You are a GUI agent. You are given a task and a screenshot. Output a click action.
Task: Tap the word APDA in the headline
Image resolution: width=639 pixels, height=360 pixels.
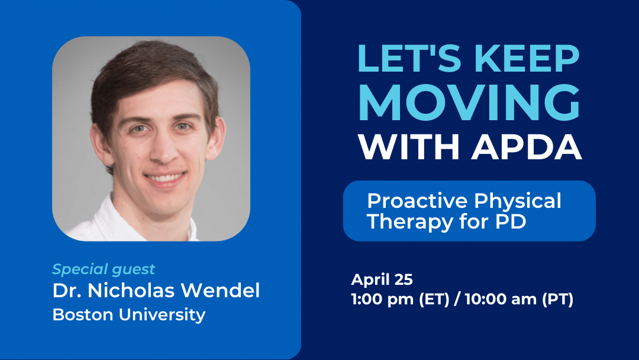tap(527, 147)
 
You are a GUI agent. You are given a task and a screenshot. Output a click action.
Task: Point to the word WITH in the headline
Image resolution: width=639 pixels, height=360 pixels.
tap(409, 147)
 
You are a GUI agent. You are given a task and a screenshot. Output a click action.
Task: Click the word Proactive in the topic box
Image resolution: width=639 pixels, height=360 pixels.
tap(417, 201)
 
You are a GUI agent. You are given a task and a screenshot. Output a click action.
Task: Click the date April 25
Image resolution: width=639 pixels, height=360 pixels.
tap(382, 279)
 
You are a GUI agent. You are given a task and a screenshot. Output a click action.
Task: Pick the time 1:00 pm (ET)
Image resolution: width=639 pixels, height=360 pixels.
tap(400, 299)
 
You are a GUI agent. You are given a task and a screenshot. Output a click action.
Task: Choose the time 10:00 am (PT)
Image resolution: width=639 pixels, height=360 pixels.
tap(519, 299)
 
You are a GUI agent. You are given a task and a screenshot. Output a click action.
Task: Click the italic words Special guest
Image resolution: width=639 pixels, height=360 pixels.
tap(104, 269)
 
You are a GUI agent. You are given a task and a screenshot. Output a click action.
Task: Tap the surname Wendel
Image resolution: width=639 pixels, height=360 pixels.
tap(220, 290)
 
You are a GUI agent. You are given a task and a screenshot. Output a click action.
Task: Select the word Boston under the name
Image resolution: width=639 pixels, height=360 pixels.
tap(83, 314)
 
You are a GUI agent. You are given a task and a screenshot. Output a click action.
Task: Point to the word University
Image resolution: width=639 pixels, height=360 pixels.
tap(162, 315)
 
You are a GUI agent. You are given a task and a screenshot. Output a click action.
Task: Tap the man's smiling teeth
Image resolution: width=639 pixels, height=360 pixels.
tap(164, 178)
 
